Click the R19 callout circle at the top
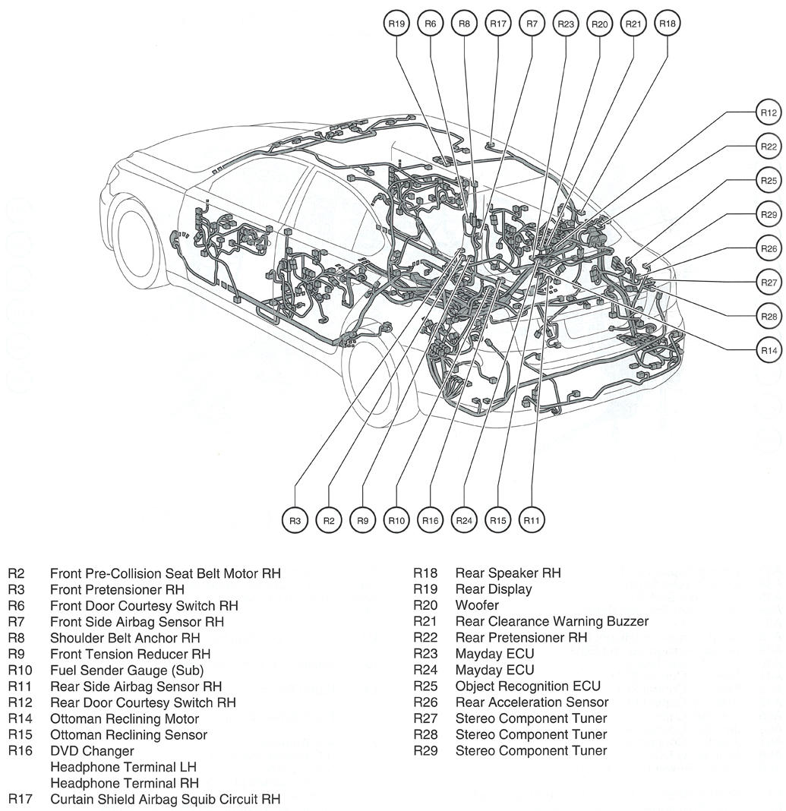coord(396,24)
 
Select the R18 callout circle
coord(667,24)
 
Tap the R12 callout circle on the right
coord(769,113)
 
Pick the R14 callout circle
coord(769,350)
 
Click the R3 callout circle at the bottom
coord(295,520)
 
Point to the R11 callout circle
coord(532,520)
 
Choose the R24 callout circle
coord(464,520)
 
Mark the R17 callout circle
coord(497,24)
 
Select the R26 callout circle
coord(769,248)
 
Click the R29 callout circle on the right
coord(769,215)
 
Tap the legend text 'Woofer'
coord(477,605)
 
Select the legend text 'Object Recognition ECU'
coord(527,686)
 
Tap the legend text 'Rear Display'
coord(493,589)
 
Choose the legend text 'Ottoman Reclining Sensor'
coord(128,735)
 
